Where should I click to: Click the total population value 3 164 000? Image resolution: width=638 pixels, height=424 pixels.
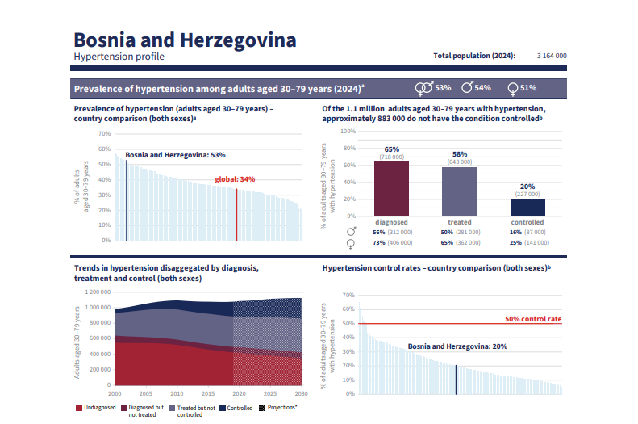click(x=552, y=56)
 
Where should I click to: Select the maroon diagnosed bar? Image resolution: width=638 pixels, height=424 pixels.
click(x=392, y=188)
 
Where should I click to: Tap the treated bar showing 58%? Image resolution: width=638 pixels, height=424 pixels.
click(x=460, y=191)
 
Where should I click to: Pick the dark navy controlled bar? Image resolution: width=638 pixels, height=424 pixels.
click(x=527, y=207)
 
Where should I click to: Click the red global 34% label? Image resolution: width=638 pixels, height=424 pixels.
click(x=235, y=179)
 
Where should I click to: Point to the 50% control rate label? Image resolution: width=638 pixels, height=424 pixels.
click(x=532, y=319)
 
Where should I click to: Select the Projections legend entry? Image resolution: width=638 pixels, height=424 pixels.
click(x=279, y=408)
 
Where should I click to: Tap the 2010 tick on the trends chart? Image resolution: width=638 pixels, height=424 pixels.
click(x=177, y=393)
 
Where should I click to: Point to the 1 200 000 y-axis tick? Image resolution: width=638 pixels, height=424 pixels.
click(x=93, y=292)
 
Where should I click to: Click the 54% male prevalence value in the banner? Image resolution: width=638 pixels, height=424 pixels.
click(x=482, y=87)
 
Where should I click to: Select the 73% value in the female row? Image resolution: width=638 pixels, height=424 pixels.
click(x=380, y=242)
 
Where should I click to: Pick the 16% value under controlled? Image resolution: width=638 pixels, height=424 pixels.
click(x=515, y=232)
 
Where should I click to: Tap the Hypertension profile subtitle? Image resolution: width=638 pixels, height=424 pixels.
click(x=119, y=57)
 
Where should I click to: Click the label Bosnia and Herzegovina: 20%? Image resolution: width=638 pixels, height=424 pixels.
click(x=457, y=346)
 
